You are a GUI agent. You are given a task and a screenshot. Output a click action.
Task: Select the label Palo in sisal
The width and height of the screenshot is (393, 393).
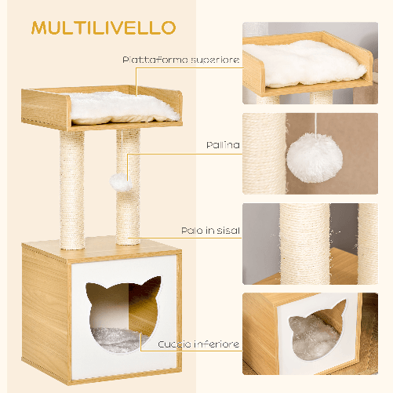209,231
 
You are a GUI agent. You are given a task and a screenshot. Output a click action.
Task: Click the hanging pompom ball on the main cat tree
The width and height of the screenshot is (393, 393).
121,180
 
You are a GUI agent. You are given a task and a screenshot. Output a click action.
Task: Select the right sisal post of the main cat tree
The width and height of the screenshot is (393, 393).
128,212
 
